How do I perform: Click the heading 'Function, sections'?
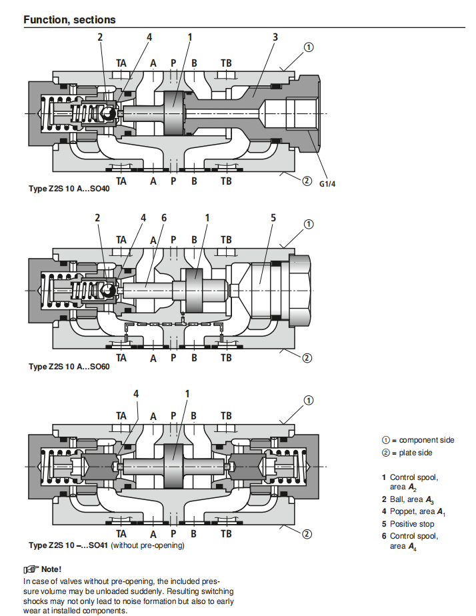pyautogui.click(x=69, y=20)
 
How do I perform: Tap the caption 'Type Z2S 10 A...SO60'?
pyautogui.click(x=69, y=367)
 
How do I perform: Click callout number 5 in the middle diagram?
pyautogui.click(x=273, y=217)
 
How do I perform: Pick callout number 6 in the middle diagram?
pyautogui.click(x=164, y=217)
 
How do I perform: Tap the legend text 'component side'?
pyautogui.click(x=427, y=440)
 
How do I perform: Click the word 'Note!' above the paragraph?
pyautogui.click(x=51, y=569)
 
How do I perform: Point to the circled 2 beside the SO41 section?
pyautogui.click(x=307, y=533)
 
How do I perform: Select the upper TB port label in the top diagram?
pyautogui.click(x=227, y=63)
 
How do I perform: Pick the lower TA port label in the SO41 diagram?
pyautogui.click(x=121, y=534)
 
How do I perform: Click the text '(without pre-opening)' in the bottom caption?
pyautogui.click(x=147, y=545)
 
